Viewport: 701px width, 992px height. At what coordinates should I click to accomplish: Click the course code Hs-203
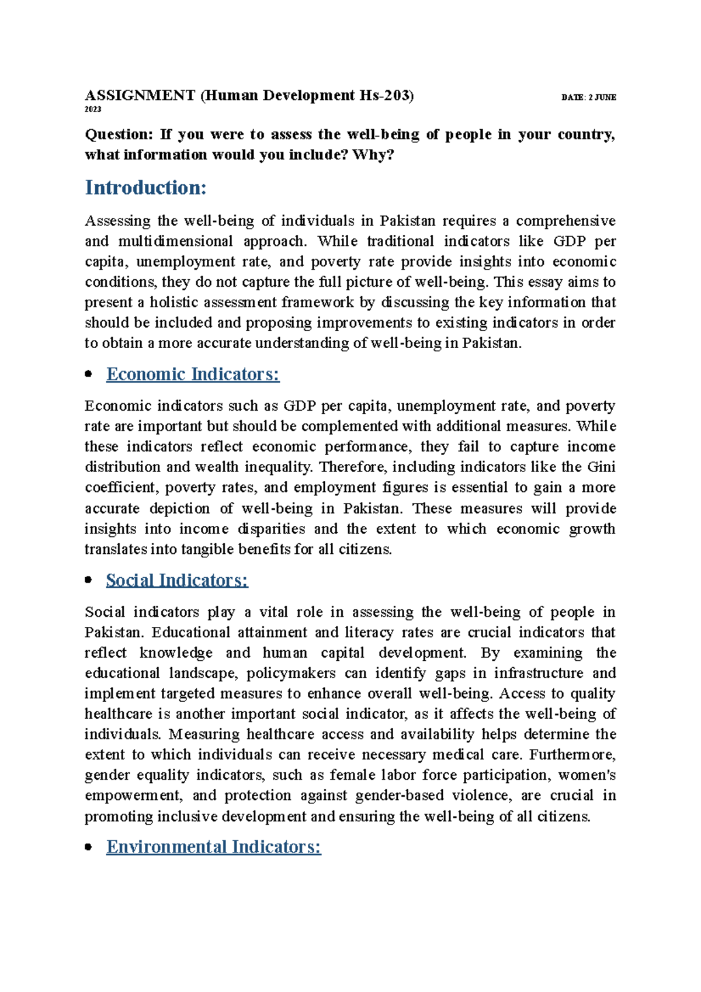tap(386, 95)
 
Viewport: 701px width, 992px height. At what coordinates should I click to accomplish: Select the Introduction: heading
tap(145, 188)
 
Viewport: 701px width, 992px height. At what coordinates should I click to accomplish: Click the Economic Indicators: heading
tap(193, 374)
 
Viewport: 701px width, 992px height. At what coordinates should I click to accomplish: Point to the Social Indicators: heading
tap(177, 580)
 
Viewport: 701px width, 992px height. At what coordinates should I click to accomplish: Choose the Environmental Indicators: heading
tap(213, 847)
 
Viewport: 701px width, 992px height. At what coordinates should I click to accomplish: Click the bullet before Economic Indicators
tap(89, 374)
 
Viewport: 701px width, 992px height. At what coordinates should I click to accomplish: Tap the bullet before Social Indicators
tap(89, 580)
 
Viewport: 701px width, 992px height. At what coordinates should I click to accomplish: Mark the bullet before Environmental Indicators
tap(89, 847)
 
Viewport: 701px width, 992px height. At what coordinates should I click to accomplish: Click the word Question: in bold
tap(119, 134)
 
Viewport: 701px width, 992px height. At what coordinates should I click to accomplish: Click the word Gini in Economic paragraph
tap(601, 467)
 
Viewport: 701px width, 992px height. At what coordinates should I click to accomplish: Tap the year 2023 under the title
tap(93, 110)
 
